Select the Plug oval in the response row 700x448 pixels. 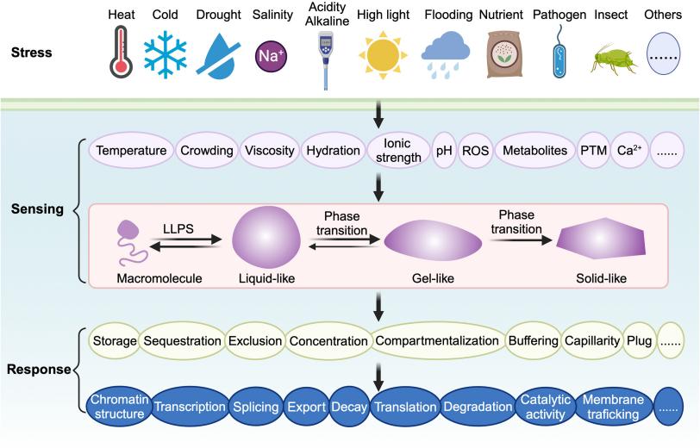640,341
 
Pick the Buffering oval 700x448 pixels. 533,341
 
